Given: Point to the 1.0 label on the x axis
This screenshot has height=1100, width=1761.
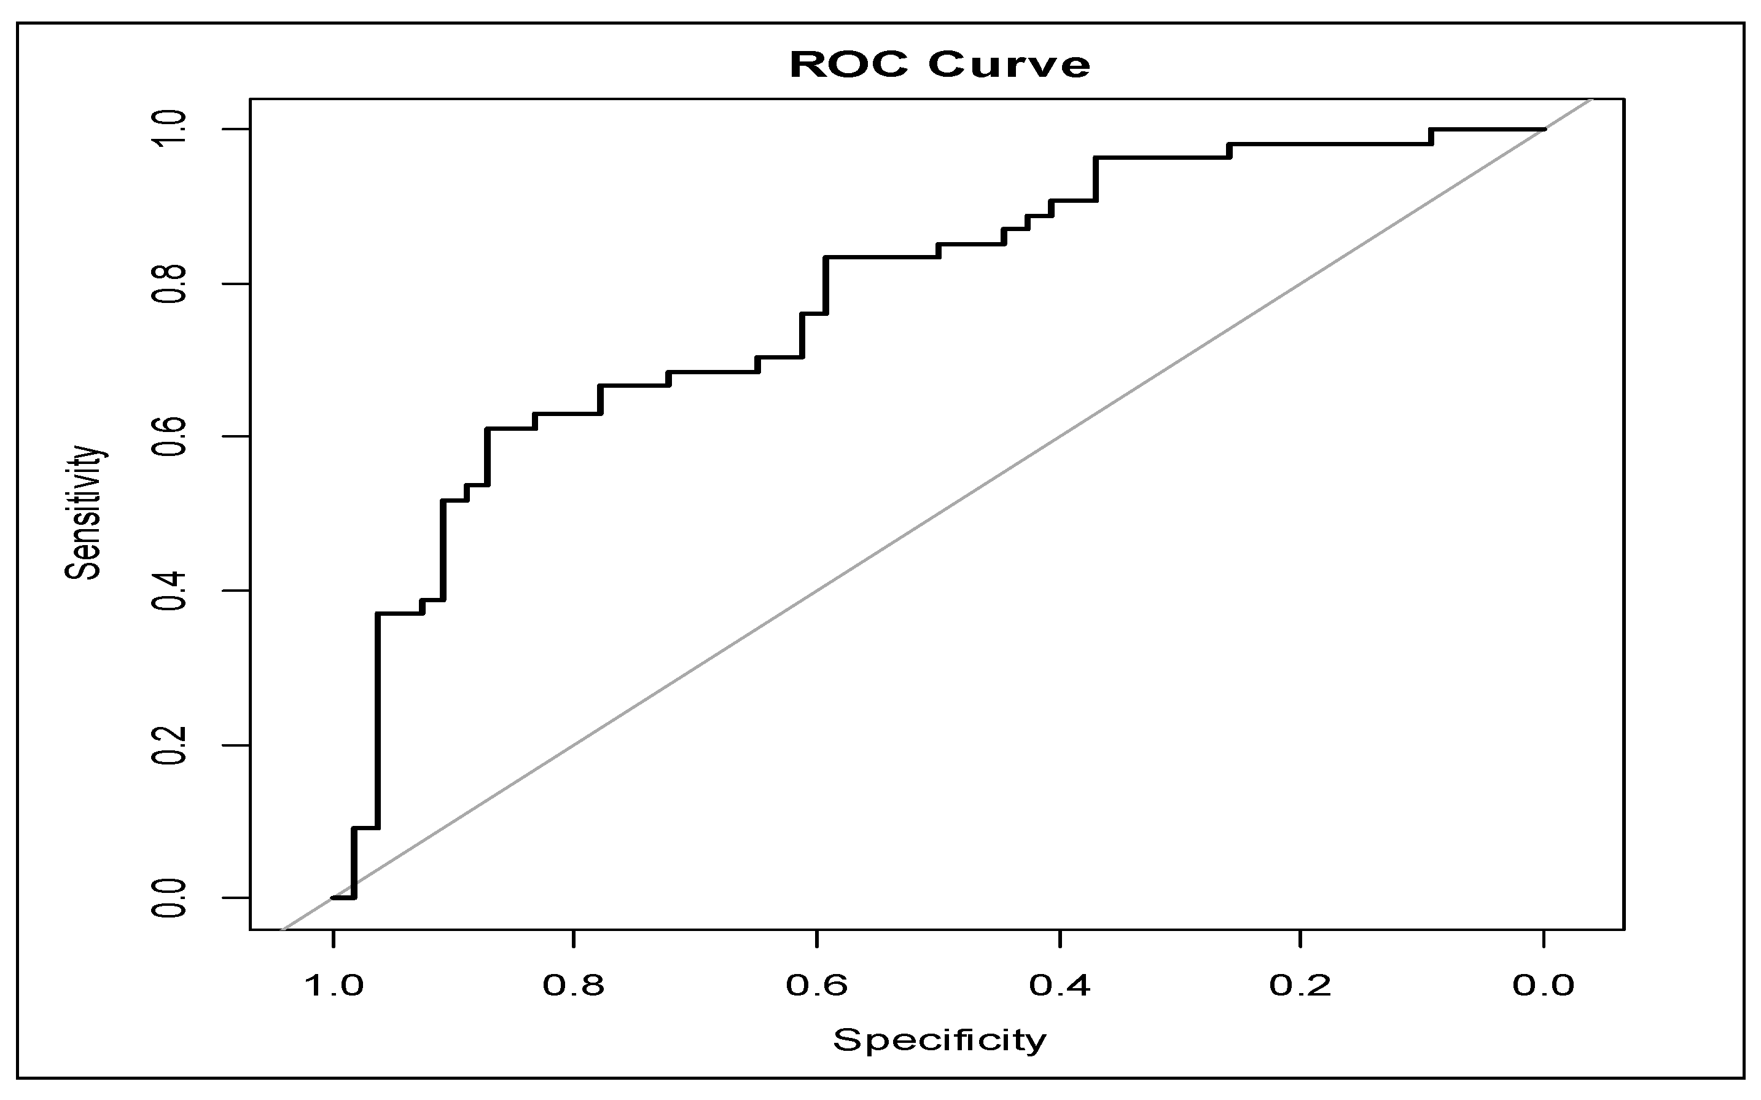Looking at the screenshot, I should click(x=332, y=986).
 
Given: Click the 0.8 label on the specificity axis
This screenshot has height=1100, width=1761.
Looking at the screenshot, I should click(x=574, y=986).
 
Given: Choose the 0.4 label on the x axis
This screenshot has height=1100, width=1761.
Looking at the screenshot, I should click(x=1060, y=986).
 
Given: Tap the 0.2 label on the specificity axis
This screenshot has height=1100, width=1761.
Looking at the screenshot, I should click(x=1301, y=986).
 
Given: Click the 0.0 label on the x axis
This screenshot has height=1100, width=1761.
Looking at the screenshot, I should click(x=1544, y=986).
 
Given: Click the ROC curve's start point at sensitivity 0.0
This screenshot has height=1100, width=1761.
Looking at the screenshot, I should click(x=333, y=898).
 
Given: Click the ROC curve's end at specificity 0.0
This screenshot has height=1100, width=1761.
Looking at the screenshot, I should click(x=1544, y=130).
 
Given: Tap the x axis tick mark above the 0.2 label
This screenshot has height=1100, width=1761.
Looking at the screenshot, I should click(x=1301, y=938).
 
